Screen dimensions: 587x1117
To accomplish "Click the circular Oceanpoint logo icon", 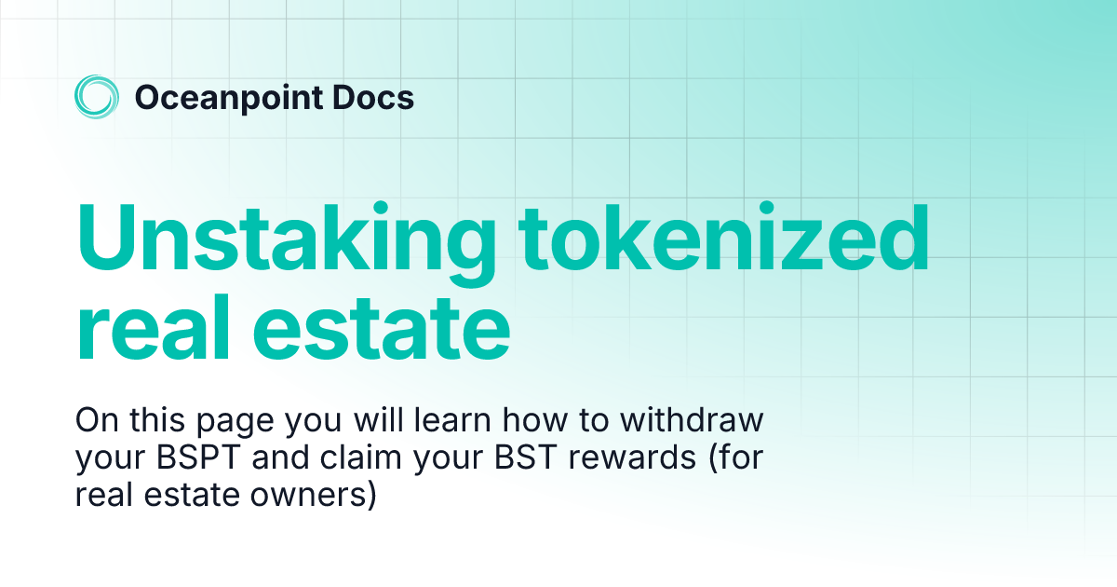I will pos(97,97).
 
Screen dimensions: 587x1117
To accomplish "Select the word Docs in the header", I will pos(374,98).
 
